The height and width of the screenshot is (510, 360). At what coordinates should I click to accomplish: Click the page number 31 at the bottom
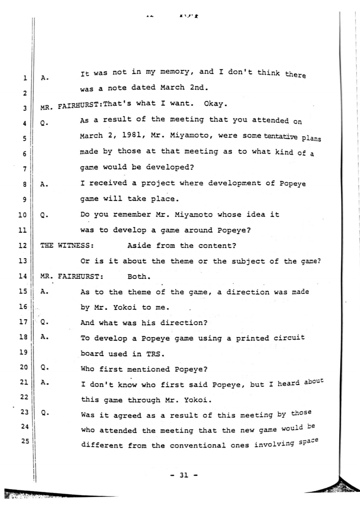(184, 475)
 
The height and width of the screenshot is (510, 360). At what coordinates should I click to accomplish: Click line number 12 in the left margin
(22, 245)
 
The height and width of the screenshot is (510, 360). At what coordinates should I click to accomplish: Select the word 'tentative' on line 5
(281, 136)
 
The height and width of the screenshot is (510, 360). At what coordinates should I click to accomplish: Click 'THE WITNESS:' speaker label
(67, 245)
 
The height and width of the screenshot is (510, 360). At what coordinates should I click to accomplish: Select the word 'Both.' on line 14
(139, 276)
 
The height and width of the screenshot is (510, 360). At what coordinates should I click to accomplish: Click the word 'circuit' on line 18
(289, 337)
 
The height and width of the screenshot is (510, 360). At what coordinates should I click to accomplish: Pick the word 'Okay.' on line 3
(216, 104)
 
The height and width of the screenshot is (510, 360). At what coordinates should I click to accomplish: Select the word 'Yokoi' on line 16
(125, 307)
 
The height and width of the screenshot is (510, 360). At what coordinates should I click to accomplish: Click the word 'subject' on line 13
(248, 261)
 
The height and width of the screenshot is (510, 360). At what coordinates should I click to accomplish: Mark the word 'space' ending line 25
(308, 442)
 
